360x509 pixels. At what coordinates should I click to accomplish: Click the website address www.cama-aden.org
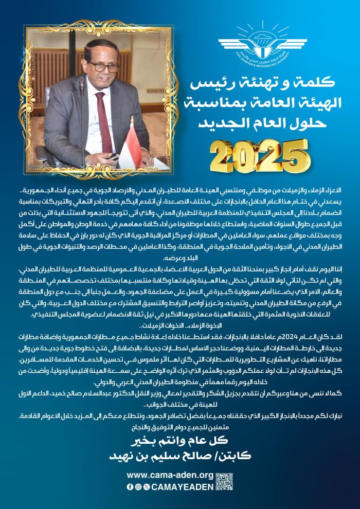[169, 475]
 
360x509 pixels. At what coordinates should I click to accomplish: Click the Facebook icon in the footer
[130, 486]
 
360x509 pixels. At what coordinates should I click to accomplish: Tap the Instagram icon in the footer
[138, 486]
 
